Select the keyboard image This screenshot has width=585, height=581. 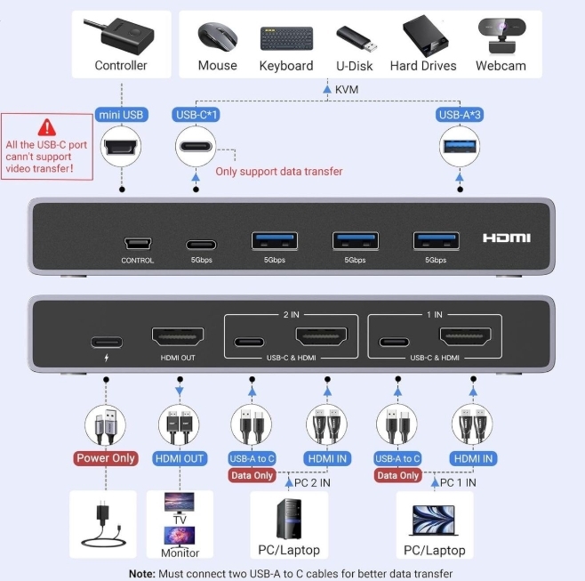coord(285,38)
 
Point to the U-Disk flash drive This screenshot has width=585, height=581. coord(358,38)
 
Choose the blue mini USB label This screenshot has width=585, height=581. coord(121,115)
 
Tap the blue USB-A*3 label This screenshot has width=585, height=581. coord(461,115)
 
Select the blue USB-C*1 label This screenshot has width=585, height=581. coord(196,115)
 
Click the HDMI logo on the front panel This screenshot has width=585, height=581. coord(506,238)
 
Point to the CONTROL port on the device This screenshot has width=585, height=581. coord(137,243)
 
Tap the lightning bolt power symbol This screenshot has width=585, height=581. coord(105,358)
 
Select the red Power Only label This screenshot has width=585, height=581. coord(105,458)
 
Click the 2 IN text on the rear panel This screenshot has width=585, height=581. coord(291,315)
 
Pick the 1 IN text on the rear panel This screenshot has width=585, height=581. coord(434,315)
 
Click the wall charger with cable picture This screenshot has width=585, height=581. coord(103,523)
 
